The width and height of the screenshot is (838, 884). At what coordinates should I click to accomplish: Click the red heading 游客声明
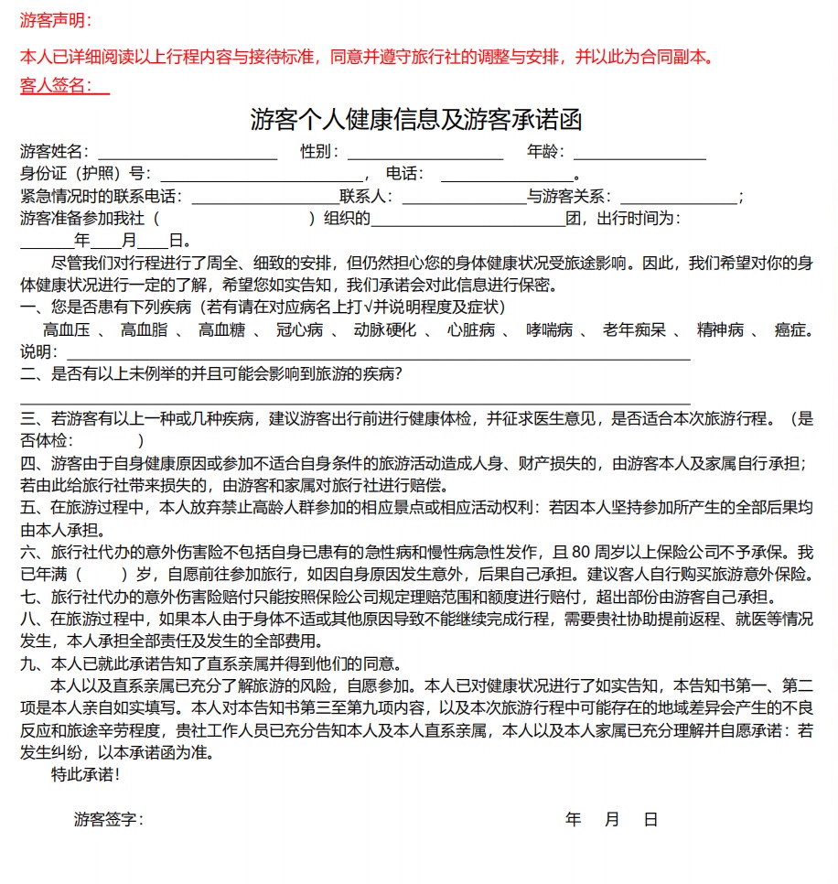click(54, 21)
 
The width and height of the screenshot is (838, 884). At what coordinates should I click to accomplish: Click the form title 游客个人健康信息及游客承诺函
click(416, 120)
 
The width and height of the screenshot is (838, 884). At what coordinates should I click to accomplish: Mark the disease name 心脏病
click(471, 330)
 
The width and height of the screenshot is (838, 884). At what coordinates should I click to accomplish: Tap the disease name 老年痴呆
click(633, 330)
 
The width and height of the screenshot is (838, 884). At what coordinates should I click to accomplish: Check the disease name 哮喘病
click(550, 330)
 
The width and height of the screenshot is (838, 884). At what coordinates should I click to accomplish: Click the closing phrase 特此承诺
click(85, 774)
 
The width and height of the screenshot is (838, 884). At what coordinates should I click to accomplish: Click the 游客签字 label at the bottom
click(108, 819)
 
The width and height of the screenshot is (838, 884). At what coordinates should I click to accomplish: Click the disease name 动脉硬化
click(384, 330)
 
